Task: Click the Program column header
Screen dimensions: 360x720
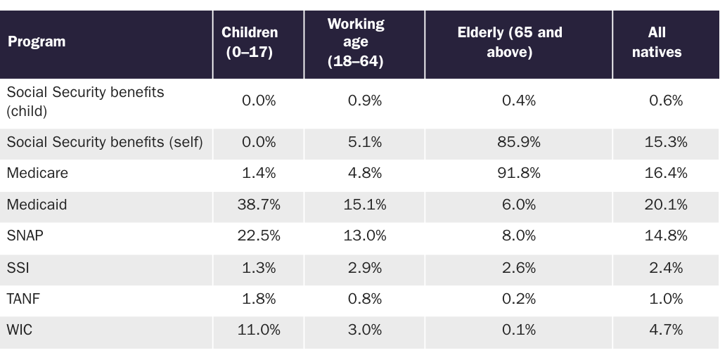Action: pyautogui.click(x=37, y=42)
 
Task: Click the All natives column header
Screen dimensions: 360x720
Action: pyautogui.click(x=665, y=43)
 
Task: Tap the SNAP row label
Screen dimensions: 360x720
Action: pyautogui.click(x=25, y=236)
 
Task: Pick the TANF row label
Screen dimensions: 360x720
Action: pyautogui.click(x=23, y=299)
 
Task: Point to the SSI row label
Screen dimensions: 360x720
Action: pyautogui.click(x=18, y=268)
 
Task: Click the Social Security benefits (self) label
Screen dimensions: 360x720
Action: pyautogui.click(x=105, y=142)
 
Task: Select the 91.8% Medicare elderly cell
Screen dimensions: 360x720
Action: pyautogui.click(x=518, y=173)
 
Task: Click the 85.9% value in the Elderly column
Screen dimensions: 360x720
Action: pyautogui.click(x=518, y=142)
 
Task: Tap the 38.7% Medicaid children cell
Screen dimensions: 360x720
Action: pyautogui.click(x=258, y=205)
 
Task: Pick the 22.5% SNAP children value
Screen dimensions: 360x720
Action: pyautogui.click(x=258, y=236)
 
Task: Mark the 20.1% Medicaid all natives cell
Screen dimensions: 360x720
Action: pyautogui.click(x=665, y=205)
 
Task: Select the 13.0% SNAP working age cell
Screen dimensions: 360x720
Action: pyautogui.click(x=364, y=236)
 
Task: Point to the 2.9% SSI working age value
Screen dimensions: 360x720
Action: pyautogui.click(x=364, y=268)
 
